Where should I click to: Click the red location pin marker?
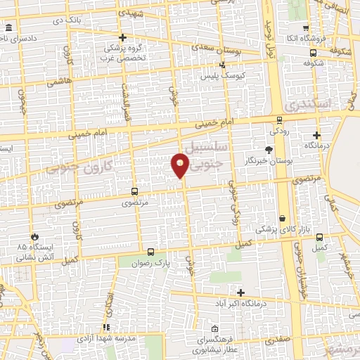pos(181,167)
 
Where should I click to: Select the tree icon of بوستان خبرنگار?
pos(268,149)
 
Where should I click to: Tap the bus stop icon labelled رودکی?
pos(280,120)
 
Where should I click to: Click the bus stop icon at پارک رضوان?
pos(150,251)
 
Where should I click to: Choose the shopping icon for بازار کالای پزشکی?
pos(283,219)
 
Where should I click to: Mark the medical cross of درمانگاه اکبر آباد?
pos(241,292)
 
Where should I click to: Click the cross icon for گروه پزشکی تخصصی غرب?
pos(122,37)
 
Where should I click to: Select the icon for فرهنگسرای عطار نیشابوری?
pos(215,328)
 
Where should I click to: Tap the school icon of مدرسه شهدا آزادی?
pos(106,327)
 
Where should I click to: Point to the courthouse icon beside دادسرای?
pos(8,28)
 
